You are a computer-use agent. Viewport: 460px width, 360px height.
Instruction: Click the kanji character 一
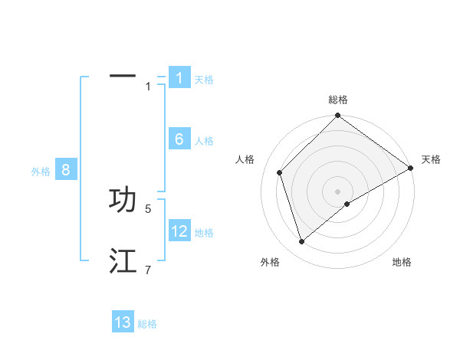(123, 77)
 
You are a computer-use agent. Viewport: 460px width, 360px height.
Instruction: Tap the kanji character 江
(123, 261)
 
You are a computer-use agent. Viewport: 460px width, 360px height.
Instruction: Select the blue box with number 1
(179, 78)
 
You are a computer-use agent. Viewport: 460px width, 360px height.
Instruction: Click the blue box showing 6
(179, 139)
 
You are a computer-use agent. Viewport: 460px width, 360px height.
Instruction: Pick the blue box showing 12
(179, 231)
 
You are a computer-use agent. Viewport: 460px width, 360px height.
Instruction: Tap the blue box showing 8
(66, 170)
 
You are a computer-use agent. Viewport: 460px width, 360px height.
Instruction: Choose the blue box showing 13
(123, 322)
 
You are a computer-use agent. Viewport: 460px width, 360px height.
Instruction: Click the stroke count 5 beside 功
(148, 208)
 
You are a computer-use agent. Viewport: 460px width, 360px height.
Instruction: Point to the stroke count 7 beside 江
(148, 270)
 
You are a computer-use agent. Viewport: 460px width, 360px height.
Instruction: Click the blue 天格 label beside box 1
(204, 80)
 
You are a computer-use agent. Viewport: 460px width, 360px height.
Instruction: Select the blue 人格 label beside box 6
(204, 141)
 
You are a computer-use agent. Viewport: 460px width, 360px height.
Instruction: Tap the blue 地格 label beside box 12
(204, 233)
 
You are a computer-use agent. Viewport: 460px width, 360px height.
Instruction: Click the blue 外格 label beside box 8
(41, 172)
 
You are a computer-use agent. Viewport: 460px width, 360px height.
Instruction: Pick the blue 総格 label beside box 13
(147, 324)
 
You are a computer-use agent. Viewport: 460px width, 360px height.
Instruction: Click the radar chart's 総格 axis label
(337, 100)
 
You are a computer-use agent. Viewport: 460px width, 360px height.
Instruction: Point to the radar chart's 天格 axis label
(431, 159)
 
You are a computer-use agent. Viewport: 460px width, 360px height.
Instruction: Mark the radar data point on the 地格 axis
(347, 204)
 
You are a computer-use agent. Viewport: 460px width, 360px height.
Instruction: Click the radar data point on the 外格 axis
(302, 241)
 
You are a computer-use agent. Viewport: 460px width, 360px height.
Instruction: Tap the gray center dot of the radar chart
(337, 191)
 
